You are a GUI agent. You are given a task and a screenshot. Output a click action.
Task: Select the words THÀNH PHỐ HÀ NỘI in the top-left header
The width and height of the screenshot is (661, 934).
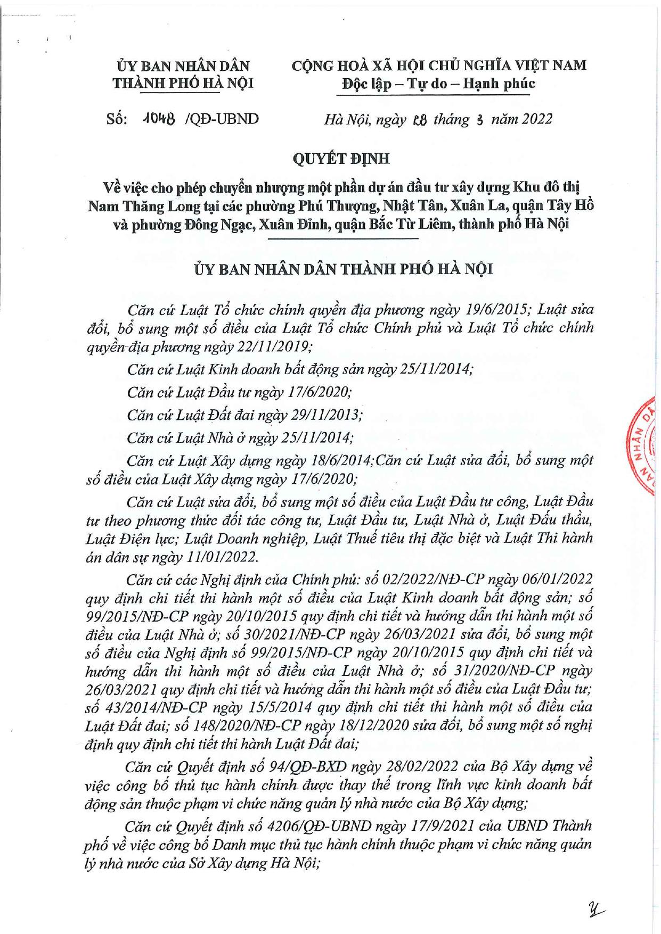point(183,84)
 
